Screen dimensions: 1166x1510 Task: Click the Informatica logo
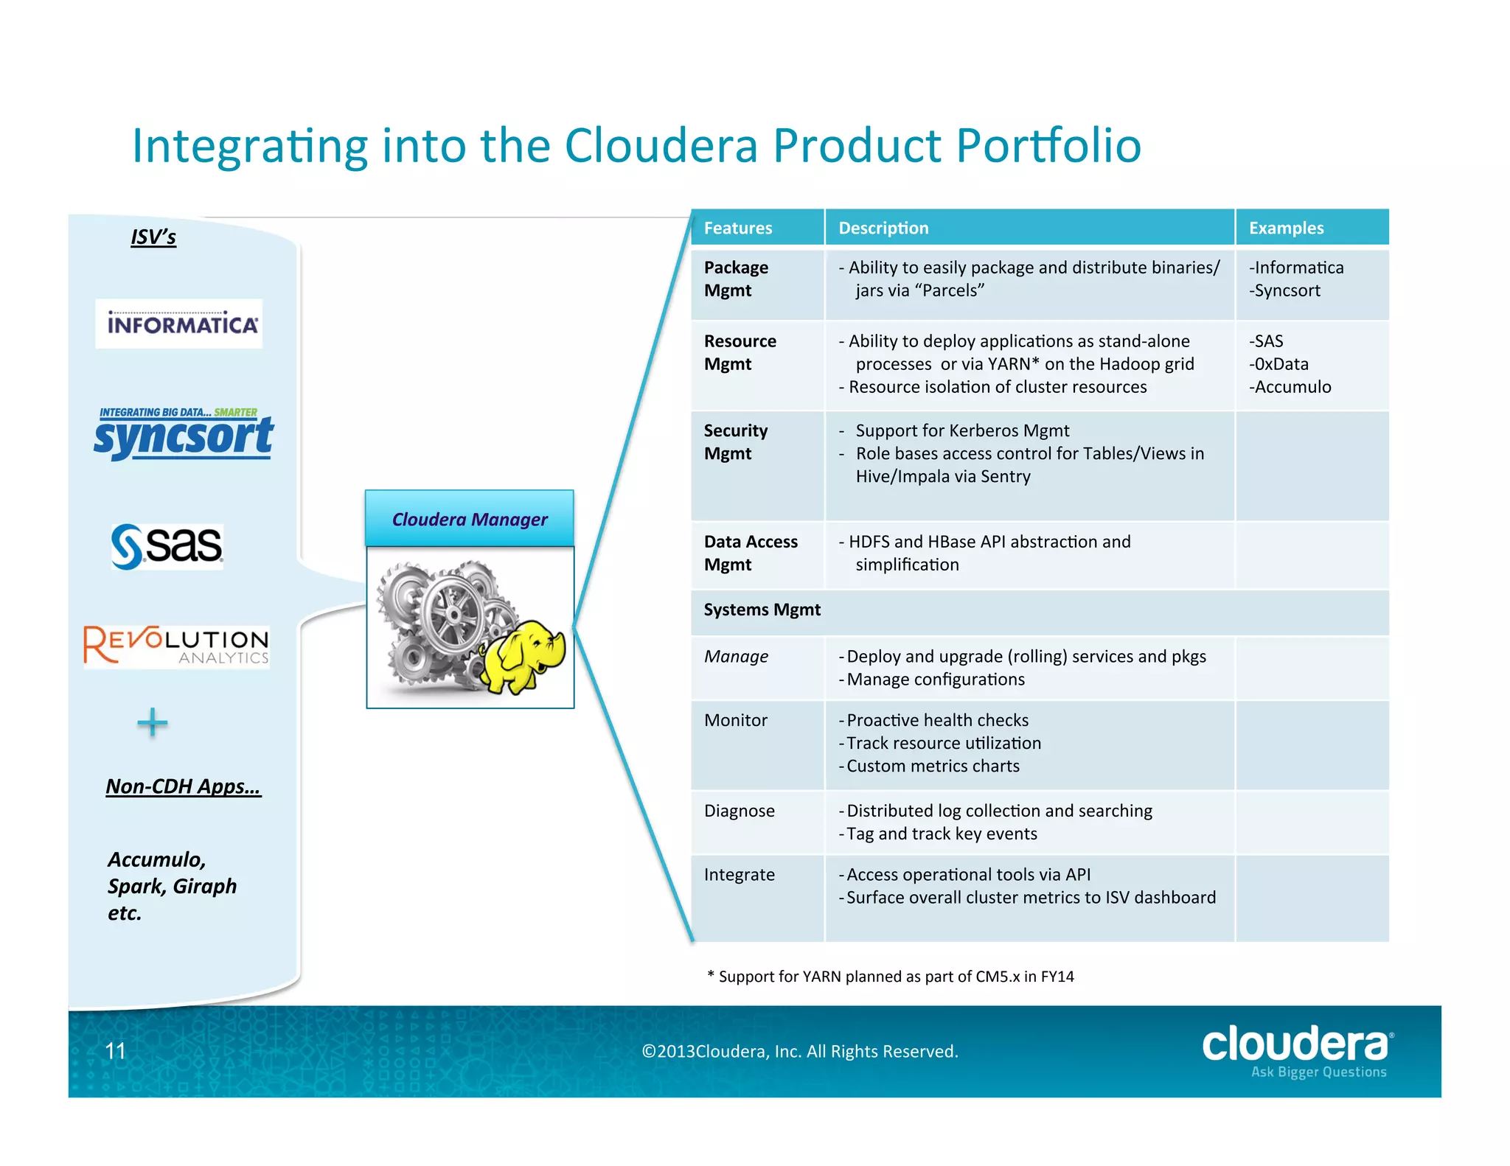[x=178, y=324]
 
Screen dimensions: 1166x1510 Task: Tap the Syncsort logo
[x=183, y=435]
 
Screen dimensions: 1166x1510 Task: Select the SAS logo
[x=167, y=546]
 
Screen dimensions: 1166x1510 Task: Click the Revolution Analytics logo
[x=176, y=646]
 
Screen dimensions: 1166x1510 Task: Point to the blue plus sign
[x=153, y=722]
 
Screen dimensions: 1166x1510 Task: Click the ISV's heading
[x=153, y=237]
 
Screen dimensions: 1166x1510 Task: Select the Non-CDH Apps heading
[x=183, y=786]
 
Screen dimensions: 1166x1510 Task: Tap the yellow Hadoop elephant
[x=523, y=655]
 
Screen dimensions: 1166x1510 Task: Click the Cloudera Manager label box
[x=470, y=519]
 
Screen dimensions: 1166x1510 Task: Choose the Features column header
[x=738, y=228]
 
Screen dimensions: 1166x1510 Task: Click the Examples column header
[x=1286, y=228]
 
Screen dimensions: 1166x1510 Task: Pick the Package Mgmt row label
[x=736, y=279]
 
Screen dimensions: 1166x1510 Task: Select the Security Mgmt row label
[x=735, y=441]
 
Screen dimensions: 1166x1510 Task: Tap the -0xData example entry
[x=1278, y=364]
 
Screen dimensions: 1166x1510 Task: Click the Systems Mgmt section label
[x=762, y=610]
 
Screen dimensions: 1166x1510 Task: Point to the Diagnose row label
[x=739, y=811]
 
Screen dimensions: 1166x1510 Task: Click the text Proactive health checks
[x=937, y=720]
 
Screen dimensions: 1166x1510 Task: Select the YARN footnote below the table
[x=890, y=977]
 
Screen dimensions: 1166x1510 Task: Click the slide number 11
[x=116, y=1051]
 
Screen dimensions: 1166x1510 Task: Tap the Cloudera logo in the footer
[x=1297, y=1050]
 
